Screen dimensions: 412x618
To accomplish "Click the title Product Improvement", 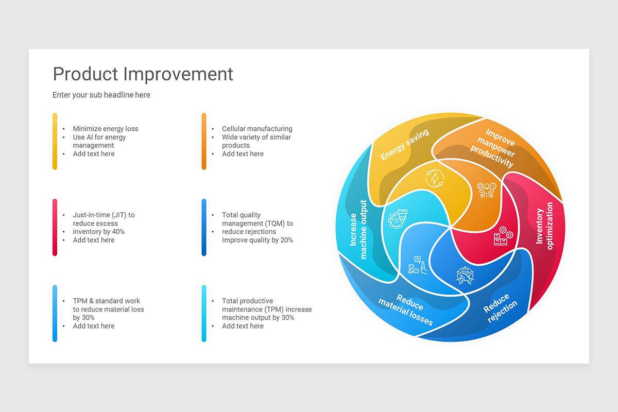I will [x=143, y=74].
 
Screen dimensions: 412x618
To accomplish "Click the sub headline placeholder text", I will [x=101, y=95].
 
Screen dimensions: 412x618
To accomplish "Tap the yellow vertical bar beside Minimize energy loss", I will [x=55, y=141].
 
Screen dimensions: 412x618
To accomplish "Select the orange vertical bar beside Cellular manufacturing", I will [x=204, y=141].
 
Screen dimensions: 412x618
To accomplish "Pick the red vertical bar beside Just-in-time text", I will [x=55, y=227].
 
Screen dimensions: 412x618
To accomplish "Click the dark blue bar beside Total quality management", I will [x=204, y=227].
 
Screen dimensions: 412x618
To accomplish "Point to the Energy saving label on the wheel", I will [x=404, y=145].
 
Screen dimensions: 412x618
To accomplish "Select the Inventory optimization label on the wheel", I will [x=544, y=226].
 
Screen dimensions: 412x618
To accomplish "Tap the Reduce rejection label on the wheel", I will [x=500, y=308].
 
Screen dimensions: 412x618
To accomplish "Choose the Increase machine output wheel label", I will [x=358, y=230].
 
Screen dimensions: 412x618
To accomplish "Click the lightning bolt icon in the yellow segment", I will [x=435, y=178].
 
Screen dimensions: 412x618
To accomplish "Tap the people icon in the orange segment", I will [x=486, y=190].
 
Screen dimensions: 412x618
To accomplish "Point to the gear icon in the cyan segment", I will [x=398, y=218].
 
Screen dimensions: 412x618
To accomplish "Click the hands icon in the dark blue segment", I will [x=465, y=274].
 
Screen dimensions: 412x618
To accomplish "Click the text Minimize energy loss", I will [x=105, y=129].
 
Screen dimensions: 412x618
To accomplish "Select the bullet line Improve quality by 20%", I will [x=257, y=240].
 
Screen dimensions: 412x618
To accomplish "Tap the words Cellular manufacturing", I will [x=257, y=129].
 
